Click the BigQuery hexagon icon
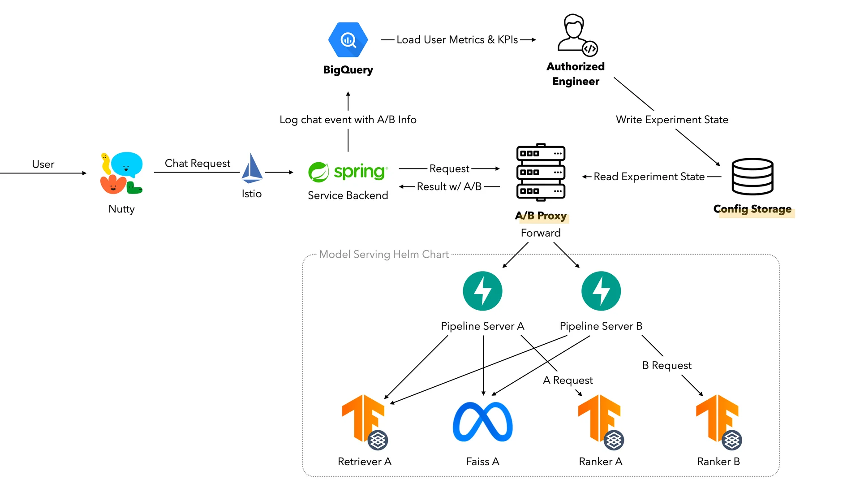(x=348, y=40)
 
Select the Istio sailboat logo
(x=252, y=169)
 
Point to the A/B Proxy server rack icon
(x=541, y=173)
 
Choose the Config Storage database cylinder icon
(x=752, y=177)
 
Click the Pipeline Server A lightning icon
(x=482, y=291)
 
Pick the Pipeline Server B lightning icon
(x=601, y=291)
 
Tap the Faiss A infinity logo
(x=482, y=422)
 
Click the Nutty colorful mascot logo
(x=121, y=173)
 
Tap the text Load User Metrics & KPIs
(x=457, y=40)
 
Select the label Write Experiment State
(x=672, y=120)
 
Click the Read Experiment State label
(x=649, y=177)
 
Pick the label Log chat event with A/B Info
(x=348, y=120)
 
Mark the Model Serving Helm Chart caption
(x=384, y=255)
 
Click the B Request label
(x=666, y=365)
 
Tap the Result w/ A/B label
(x=449, y=186)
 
